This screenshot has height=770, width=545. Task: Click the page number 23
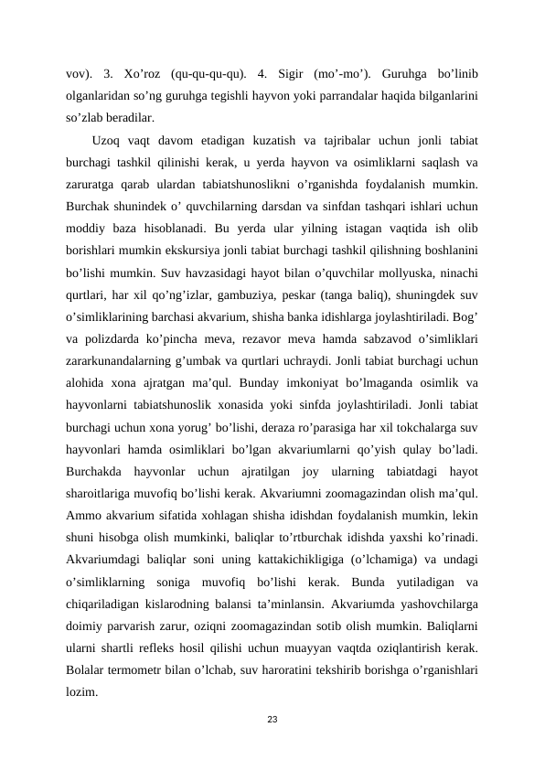pos(272,722)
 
